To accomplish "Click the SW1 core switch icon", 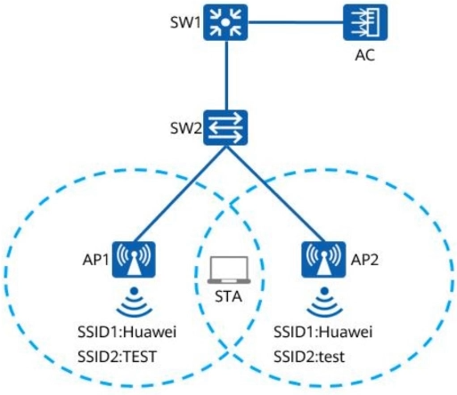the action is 225,22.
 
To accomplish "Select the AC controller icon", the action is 365,22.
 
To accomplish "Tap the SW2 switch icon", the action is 225,128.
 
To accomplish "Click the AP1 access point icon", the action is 134,260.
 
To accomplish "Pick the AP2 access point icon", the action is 323,260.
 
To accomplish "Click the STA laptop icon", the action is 229,270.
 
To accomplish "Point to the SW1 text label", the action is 185,22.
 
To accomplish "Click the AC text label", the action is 365,55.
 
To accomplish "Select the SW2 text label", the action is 186,128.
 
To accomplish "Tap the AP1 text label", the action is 95,260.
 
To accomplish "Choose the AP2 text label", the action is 364,260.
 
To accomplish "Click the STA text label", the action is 228,297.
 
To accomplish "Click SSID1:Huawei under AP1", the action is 127,332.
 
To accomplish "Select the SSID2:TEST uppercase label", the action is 117,357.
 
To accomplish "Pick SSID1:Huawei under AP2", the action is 323,332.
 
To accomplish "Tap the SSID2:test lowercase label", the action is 309,357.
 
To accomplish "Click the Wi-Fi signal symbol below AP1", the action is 135,302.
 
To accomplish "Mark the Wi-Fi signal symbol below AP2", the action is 324,302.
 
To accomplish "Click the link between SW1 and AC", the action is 296,22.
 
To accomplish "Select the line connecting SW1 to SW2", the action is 226,75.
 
